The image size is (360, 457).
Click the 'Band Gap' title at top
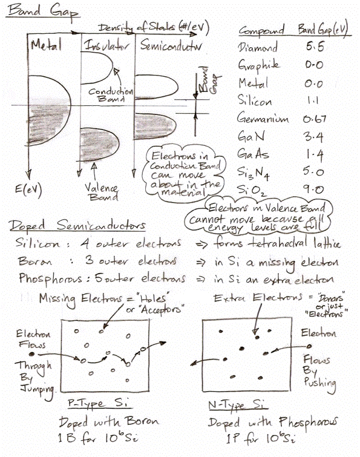(43, 12)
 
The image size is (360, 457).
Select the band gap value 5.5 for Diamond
(315, 47)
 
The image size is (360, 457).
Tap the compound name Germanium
(263, 118)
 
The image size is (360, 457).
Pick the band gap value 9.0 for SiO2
(313, 189)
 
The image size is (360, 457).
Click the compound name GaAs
(253, 154)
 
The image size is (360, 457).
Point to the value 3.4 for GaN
(313, 136)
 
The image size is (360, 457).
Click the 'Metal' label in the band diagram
(46, 45)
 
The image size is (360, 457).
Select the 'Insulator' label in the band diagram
(106, 45)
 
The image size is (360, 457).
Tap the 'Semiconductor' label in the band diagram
(171, 45)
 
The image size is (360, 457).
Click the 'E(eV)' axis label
(28, 189)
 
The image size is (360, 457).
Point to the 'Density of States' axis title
(136, 27)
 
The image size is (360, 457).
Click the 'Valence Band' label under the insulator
(102, 192)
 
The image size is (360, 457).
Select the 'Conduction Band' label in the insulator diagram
(111, 94)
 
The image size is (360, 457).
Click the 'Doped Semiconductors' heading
(77, 226)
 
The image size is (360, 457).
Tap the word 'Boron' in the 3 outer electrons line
(35, 261)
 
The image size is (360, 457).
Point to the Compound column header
(261, 30)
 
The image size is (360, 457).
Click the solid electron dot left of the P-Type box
(31, 354)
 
